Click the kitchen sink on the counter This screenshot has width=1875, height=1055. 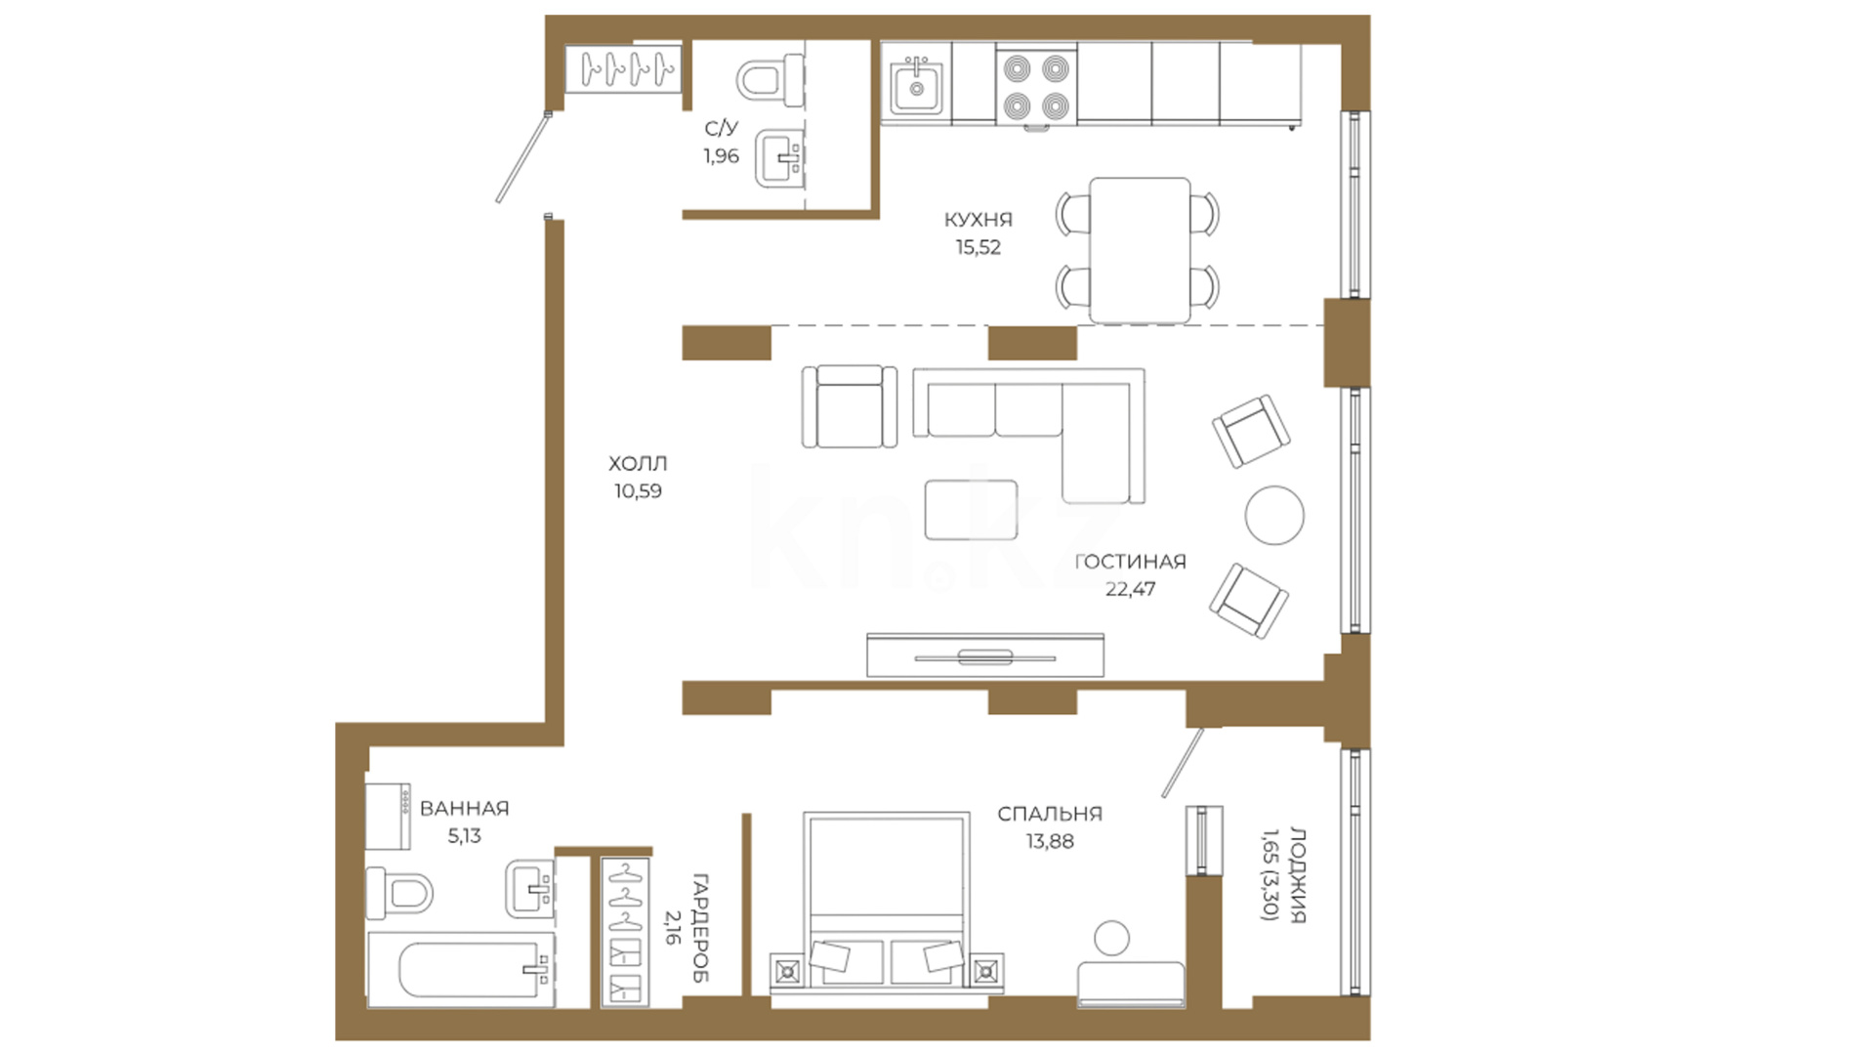tap(916, 87)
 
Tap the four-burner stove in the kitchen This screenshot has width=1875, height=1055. tap(1036, 88)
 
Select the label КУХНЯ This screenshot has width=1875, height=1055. tap(978, 220)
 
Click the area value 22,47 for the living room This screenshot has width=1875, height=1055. tap(1130, 589)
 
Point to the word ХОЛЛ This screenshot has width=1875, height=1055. tap(638, 464)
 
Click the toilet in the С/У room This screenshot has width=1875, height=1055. tap(770, 79)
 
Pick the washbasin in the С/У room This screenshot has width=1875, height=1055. tap(779, 159)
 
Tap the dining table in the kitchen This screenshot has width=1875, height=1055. tap(1140, 250)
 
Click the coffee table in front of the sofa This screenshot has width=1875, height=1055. tap(971, 509)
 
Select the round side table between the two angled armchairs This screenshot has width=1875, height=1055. tap(1274, 515)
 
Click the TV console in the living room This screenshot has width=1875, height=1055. tap(985, 655)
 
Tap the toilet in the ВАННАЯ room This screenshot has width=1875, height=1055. tap(398, 893)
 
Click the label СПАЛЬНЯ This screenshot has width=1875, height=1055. tap(1050, 814)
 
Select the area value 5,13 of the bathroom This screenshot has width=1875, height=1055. tap(464, 836)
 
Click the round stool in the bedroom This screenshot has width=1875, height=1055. tap(1111, 938)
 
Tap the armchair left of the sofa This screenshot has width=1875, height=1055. tap(849, 406)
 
